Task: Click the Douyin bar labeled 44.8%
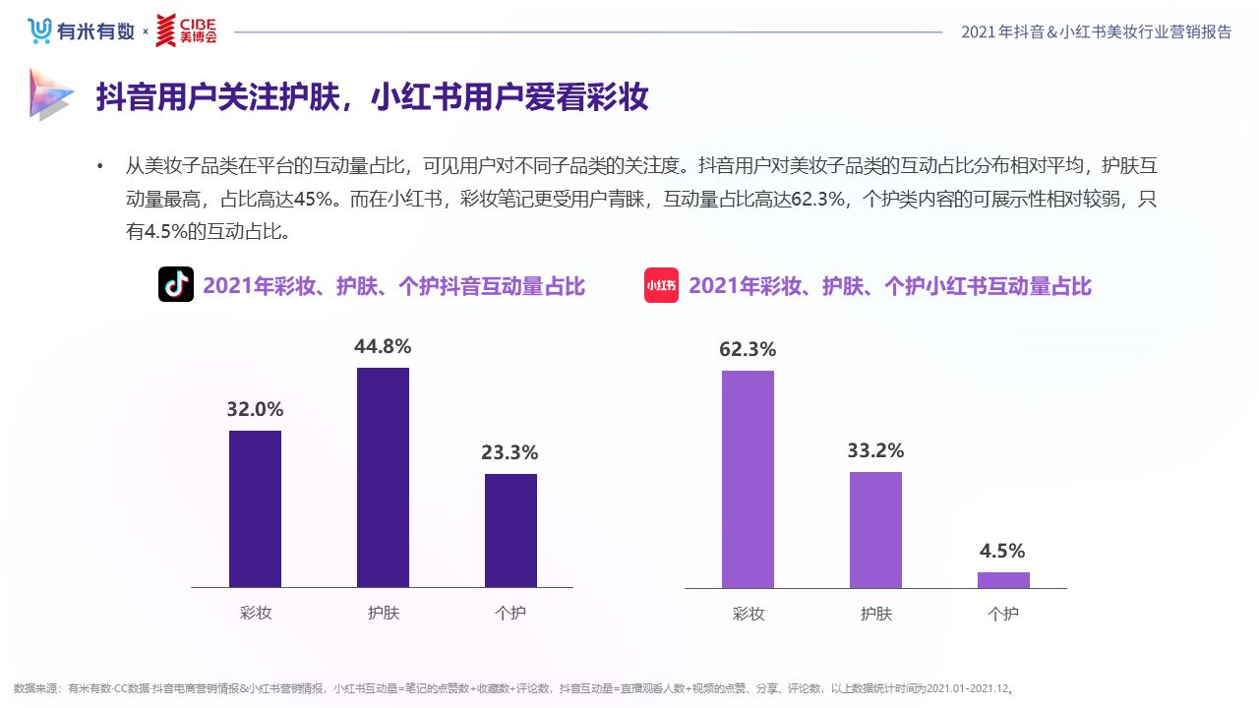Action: click(x=383, y=478)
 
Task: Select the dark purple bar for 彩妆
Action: click(x=255, y=509)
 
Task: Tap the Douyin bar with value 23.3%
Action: click(x=510, y=531)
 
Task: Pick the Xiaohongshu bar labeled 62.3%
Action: click(x=748, y=479)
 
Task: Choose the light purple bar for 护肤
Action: click(x=875, y=530)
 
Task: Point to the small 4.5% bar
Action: click(x=1003, y=580)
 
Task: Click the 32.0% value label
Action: click(x=255, y=409)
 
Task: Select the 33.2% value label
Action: click(x=875, y=450)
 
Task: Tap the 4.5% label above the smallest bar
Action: click(x=1003, y=551)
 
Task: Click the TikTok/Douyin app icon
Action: click(x=176, y=285)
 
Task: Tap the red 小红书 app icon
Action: click(x=662, y=285)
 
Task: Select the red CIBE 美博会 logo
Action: click(x=187, y=30)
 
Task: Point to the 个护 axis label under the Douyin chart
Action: click(x=510, y=613)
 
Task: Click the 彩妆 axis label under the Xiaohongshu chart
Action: click(x=749, y=614)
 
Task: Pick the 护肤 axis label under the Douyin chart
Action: click(x=384, y=613)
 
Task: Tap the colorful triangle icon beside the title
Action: click(x=50, y=94)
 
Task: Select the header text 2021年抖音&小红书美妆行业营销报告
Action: click(x=1096, y=31)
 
